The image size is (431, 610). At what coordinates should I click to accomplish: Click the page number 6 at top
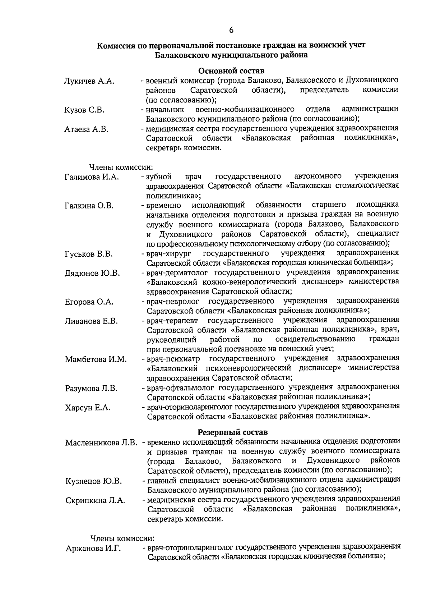(x=231, y=30)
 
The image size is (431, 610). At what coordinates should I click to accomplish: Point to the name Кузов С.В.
(x=84, y=110)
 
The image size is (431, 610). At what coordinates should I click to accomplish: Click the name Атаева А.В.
(x=87, y=129)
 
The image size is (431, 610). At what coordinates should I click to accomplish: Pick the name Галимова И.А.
(x=92, y=177)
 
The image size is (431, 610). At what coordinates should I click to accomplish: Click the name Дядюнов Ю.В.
(x=92, y=274)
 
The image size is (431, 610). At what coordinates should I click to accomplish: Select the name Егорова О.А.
(x=89, y=302)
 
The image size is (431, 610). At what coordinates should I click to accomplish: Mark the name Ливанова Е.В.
(x=91, y=321)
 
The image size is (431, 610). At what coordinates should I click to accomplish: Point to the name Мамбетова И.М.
(x=96, y=359)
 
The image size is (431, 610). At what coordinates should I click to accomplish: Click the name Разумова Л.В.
(x=91, y=389)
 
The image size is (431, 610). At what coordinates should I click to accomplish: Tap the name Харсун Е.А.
(x=88, y=408)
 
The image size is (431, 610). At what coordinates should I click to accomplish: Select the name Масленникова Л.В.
(x=101, y=442)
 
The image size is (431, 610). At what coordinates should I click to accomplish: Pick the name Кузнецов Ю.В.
(x=94, y=481)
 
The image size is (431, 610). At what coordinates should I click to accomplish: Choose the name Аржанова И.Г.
(x=93, y=549)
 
